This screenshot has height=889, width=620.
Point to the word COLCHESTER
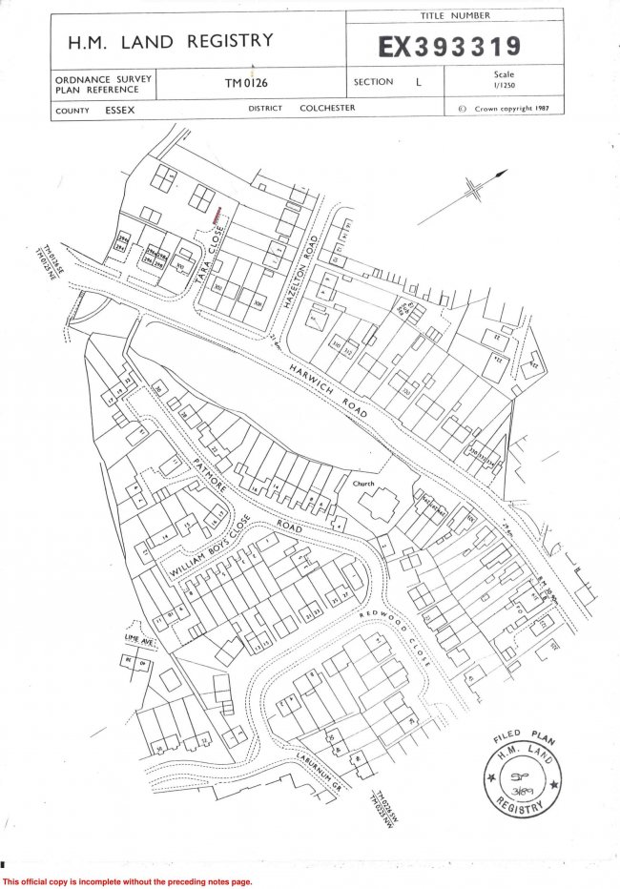(326, 109)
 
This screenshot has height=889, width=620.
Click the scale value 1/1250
(506, 86)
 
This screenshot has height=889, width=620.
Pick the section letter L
(418, 82)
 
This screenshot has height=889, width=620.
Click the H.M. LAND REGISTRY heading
(170, 41)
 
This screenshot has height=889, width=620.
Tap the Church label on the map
(362, 484)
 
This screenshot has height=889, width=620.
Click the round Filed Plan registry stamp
(523, 774)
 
